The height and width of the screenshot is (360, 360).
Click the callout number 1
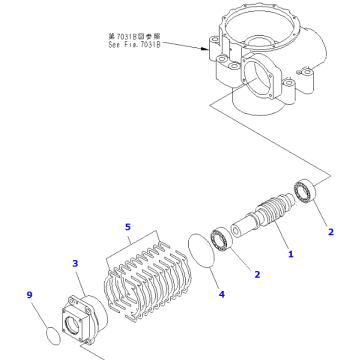(x=291, y=255)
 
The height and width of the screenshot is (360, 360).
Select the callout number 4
(x=222, y=295)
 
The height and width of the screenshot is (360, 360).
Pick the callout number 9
(x=30, y=295)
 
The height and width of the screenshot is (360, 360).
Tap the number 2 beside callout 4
(x=256, y=274)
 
